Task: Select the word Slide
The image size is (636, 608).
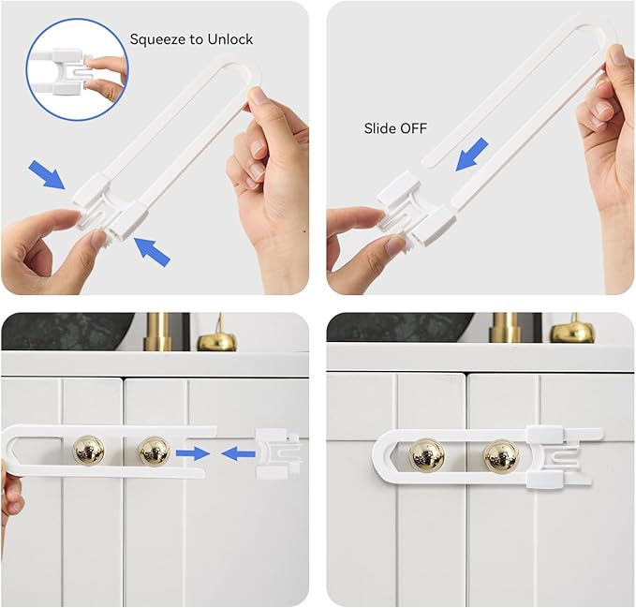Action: [x=380, y=128]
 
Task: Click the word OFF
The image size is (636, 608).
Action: [x=413, y=128]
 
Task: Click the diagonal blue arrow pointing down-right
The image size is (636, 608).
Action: [x=48, y=172]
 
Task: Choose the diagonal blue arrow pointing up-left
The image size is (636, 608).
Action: [x=152, y=251]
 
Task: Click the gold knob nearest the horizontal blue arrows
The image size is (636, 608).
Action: [x=154, y=451]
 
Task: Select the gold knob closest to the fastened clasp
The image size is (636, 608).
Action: [x=500, y=456]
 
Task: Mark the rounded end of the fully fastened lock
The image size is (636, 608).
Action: [x=384, y=456]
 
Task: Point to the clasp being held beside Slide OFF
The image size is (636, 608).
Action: [x=412, y=206]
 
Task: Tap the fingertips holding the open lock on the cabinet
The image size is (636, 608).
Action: [x=9, y=496]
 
